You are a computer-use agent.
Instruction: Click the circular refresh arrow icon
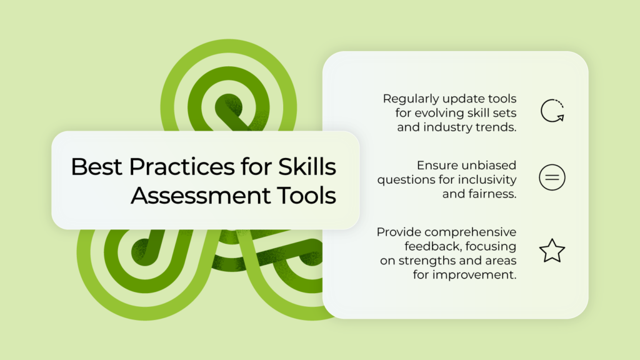click(542, 111)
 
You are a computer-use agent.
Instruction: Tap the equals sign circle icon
click(552, 177)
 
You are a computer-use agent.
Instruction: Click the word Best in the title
click(96, 166)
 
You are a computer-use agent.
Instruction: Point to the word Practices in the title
click(182, 166)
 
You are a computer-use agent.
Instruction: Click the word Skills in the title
click(307, 166)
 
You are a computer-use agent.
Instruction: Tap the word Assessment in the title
click(201, 195)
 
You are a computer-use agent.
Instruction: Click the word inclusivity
click(487, 179)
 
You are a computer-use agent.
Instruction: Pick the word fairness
click(492, 194)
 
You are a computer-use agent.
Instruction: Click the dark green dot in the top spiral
click(229, 107)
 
